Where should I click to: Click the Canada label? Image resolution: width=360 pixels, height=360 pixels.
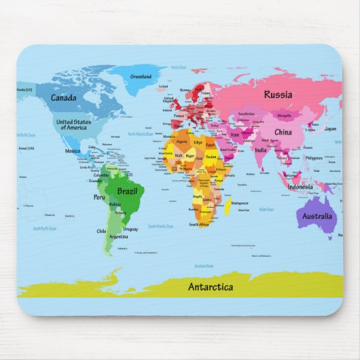pyautogui.click(x=63, y=97)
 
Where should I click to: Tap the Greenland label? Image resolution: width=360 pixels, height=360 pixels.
pyautogui.click(x=141, y=76)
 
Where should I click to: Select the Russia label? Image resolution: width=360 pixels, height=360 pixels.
pyautogui.click(x=278, y=95)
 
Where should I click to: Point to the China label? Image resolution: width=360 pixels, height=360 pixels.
pyautogui.click(x=283, y=132)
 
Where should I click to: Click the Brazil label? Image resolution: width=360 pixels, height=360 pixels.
pyautogui.click(x=128, y=192)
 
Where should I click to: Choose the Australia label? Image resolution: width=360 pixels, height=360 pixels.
pyautogui.click(x=317, y=217)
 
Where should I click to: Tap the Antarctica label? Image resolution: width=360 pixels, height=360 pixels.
pyautogui.click(x=210, y=287)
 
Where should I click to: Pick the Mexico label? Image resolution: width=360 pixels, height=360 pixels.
pyautogui.click(x=73, y=151)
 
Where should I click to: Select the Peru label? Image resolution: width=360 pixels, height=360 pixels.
pyautogui.click(x=99, y=197)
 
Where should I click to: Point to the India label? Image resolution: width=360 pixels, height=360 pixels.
pyautogui.click(x=261, y=149)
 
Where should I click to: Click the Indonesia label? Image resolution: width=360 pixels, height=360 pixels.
pyautogui.click(x=300, y=187)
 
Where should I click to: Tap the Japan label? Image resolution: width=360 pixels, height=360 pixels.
pyautogui.click(x=330, y=128)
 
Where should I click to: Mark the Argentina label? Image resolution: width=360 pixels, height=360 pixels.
pyautogui.click(x=119, y=236)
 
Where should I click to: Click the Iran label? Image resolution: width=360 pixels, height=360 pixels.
pyautogui.click(x=236, y=135)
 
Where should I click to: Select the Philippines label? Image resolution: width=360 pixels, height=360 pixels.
pyautogui.click(x=314, y=158)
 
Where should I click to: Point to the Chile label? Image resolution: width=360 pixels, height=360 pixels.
pyautogui.click(x=101, y=231)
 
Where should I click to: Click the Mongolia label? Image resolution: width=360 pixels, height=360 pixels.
pyautogui.click(x=284, y=115)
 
